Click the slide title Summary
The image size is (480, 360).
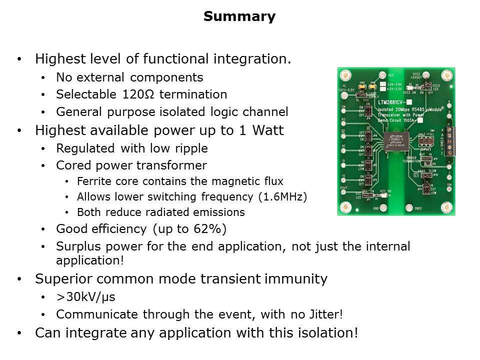239,17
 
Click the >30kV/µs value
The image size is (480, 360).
85,297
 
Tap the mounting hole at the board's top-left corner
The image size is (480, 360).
344,75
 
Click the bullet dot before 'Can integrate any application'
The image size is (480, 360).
19,333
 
